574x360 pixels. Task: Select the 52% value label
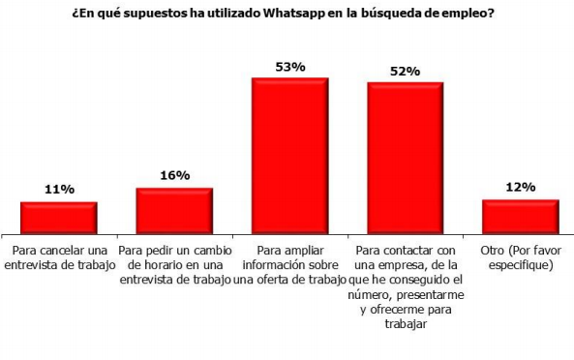(405, 71)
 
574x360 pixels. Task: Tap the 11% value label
(59, 191)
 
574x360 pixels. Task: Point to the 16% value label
(174, 176)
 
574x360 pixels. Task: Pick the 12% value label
(521, 187)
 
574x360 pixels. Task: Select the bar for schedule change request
(174, 209)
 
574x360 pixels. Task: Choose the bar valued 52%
(405, 156)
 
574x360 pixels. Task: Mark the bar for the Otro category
(521, 215)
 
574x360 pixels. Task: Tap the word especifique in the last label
(521, 264)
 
